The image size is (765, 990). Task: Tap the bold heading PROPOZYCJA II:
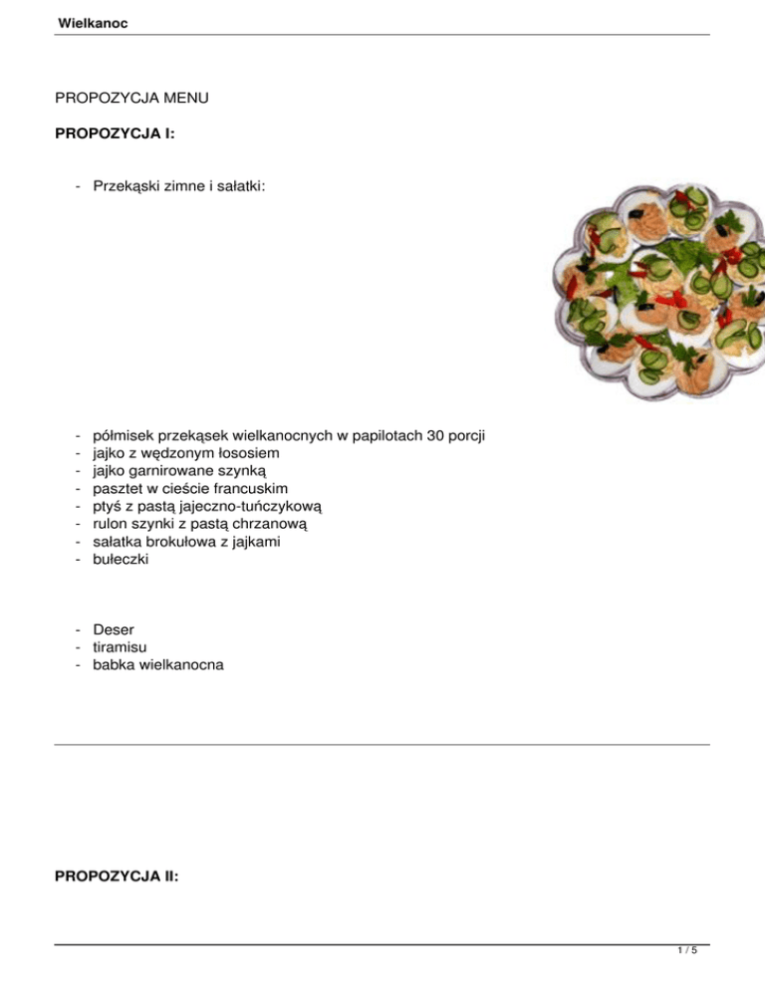(x=117, y=877)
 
